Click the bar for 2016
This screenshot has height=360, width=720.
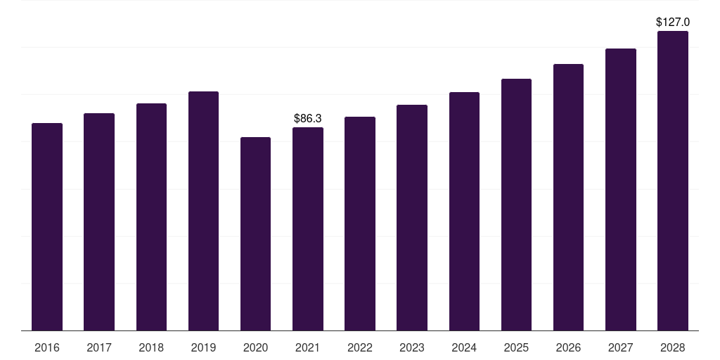coord(47,227)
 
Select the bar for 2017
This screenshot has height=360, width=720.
coord(99,221)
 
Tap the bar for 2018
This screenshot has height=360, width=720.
coord(152,217)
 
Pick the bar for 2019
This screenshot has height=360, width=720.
coord(203,211)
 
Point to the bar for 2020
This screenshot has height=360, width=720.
coord(255,233)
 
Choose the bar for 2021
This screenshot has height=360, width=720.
coord(308,229)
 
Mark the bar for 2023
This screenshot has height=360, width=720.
coord(412,218)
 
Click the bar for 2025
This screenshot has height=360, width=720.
coord(516,205)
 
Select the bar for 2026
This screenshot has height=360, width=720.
coord(568,198)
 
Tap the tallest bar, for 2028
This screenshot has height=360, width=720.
coord(673,181)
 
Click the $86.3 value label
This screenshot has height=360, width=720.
coord(308,118)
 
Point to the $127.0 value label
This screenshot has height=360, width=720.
coord(673,22)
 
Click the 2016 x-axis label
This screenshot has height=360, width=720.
coord(47,347)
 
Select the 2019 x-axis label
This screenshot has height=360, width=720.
coord(203,347)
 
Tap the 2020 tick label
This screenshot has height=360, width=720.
coord(255,347)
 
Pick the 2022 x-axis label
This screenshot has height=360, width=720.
coord(360,347)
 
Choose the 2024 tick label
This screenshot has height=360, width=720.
coord(464,347)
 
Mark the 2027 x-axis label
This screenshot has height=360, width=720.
coord(620,347)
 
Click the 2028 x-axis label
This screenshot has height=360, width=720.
coord(673,347)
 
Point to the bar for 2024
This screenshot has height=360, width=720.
coord(464,211)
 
